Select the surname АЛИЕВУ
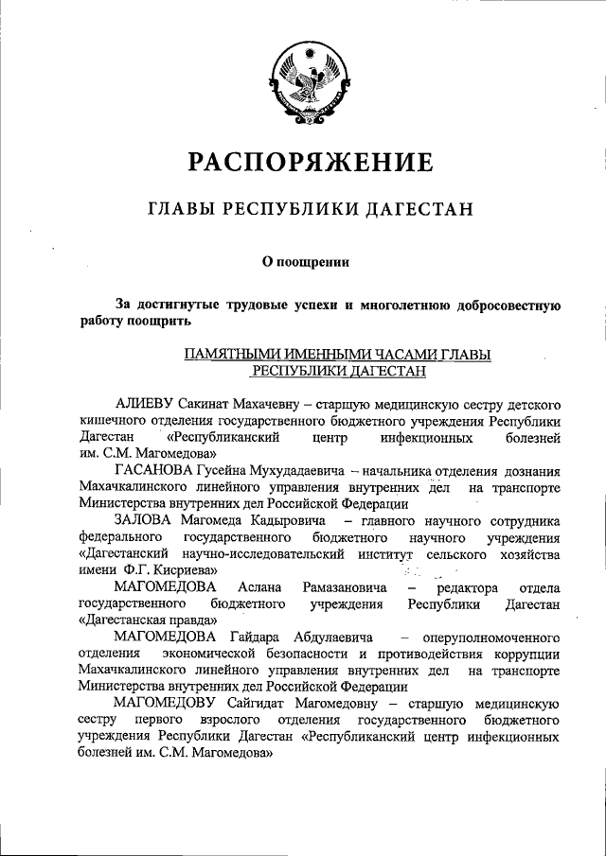(148, 404)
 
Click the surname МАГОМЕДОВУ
(166, 703)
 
